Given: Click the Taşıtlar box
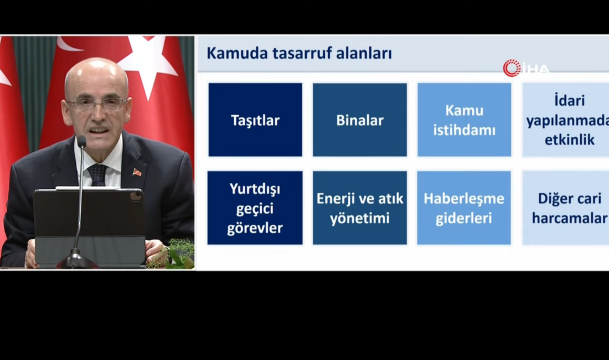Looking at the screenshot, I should pos(255,120).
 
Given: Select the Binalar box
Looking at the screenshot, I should pos(360,120).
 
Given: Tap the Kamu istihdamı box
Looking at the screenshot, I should pos(464,120).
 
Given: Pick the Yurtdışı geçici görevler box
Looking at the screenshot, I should pos(255,208).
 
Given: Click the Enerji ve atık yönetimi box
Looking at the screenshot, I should pos(360,208).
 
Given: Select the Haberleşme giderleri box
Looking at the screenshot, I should pos(464,208).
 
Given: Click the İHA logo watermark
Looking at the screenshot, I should pos(526,68).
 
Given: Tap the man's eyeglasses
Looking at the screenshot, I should pos(97,104).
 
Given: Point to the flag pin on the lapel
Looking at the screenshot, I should pos(137,172).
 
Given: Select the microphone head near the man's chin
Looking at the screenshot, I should pos(82,142).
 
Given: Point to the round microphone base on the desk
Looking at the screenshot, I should pos(76,261).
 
